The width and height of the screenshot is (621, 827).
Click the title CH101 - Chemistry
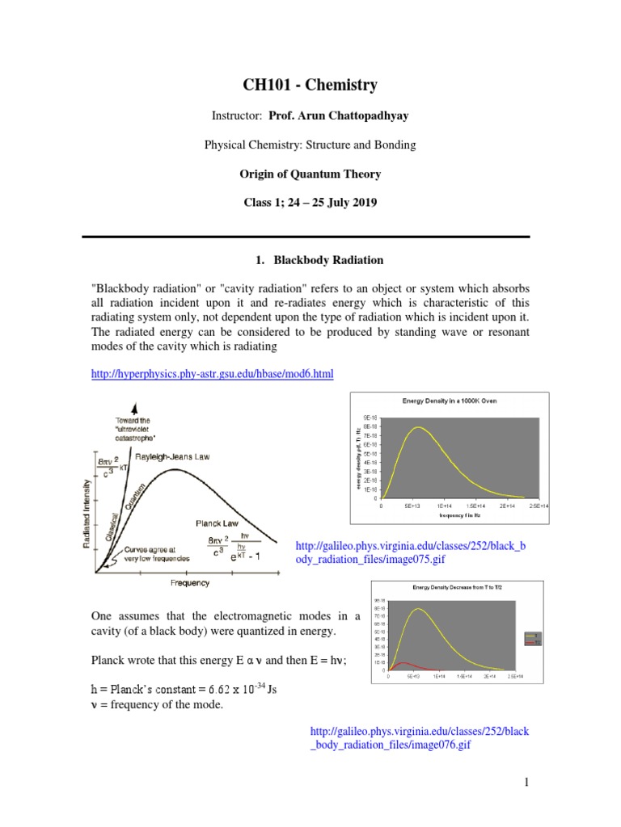310,85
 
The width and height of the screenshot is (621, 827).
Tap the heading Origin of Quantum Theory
310,174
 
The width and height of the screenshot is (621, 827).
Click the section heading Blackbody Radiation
318,260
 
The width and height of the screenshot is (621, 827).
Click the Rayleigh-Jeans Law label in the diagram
174,456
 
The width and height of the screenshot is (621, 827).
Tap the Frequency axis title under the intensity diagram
190,582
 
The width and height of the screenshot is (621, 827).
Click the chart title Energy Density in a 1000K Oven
450,401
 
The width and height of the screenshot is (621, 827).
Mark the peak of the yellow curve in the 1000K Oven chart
418,427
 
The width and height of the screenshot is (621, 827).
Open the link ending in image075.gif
411,552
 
